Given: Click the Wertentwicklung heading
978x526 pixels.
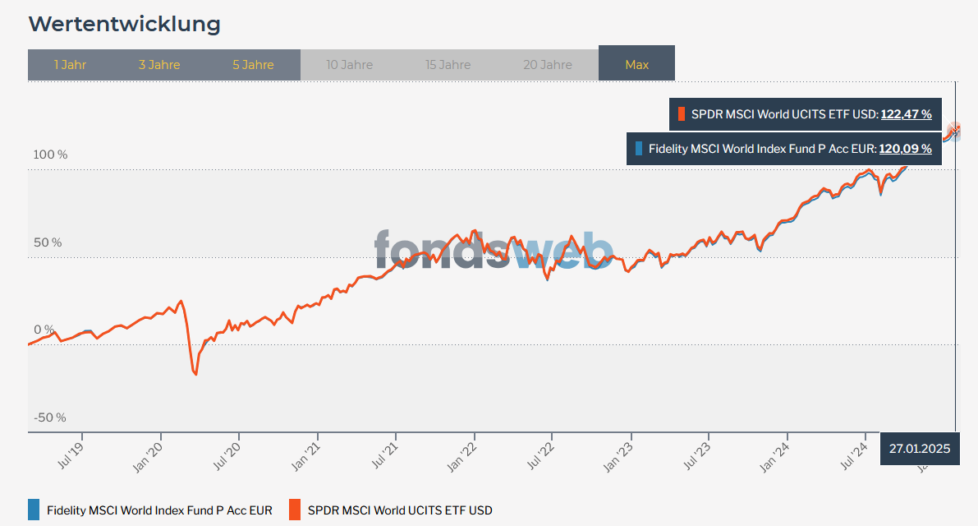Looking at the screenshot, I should pos(125,24).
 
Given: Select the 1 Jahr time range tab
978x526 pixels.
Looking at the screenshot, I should pos(70,65).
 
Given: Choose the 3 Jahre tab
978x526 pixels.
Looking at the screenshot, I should pos(159,65).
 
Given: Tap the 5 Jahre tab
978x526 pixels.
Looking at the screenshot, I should pos(253,65).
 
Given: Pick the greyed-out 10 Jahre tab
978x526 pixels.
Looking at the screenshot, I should pos(349,65).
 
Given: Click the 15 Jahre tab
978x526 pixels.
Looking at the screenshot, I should pos(448,65).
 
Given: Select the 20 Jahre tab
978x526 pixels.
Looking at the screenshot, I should pos(548,65).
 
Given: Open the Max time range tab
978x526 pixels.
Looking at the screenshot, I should pos(636,65).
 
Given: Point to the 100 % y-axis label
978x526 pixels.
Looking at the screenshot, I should pos(50,155).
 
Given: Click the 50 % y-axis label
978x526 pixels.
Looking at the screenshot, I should pos(47,242).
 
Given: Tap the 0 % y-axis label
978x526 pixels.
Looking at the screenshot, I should pos(44,330).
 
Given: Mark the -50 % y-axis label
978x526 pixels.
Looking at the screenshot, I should pos(49,418).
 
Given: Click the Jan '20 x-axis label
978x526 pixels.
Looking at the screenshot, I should pos(149,453).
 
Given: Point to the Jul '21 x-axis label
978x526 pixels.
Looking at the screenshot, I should pos(384,453).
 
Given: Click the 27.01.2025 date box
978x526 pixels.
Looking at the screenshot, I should pos(919,449).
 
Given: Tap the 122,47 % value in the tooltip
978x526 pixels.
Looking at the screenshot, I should pos(906,114).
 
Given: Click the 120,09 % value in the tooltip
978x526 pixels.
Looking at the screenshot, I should pos(905,149).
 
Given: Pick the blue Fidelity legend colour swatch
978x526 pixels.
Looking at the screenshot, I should pos(33,510).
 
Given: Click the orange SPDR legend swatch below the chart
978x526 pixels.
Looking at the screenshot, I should pos(295,510).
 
